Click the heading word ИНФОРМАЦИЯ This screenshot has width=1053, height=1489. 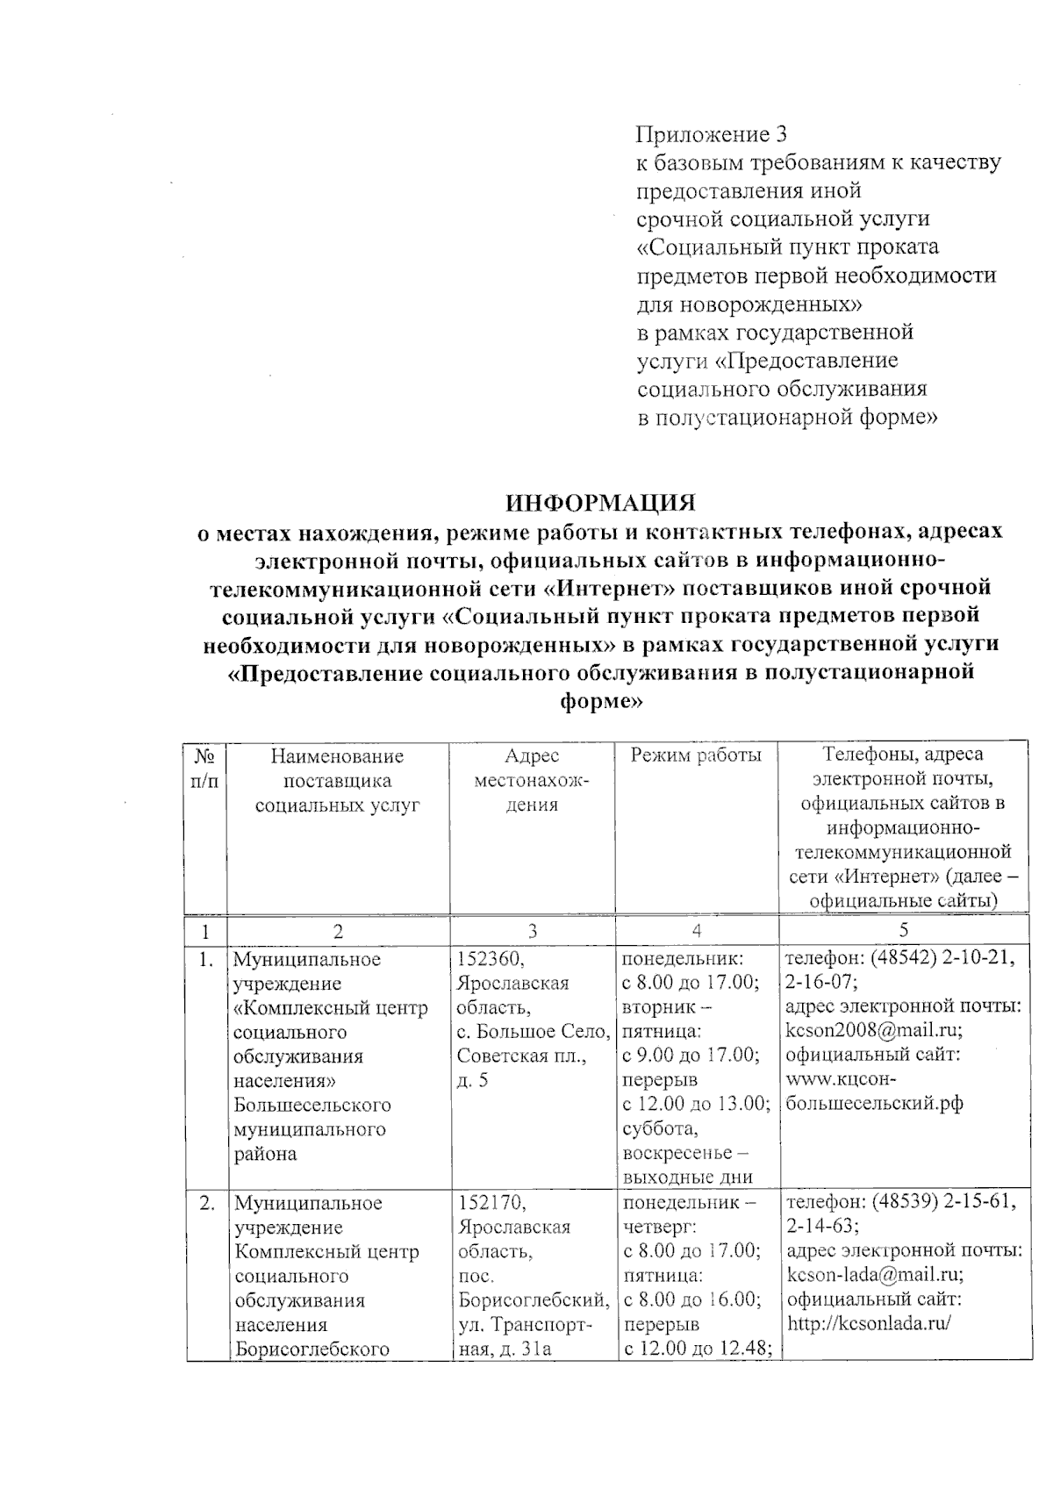coord(600,503)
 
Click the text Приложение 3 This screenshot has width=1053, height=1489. coord(711,134)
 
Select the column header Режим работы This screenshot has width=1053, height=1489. coord(696,755)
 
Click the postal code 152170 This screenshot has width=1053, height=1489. coord(491,1203)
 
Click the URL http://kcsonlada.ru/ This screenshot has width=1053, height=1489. coord(870,1323)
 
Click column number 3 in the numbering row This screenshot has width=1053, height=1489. coord(532,931)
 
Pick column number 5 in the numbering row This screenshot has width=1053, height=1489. coord(903,930)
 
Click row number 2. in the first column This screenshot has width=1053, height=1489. coord(206,1203)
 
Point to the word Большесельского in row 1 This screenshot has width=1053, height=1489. coord(312,1105)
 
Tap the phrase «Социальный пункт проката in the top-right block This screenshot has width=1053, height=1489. coord(787,247)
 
